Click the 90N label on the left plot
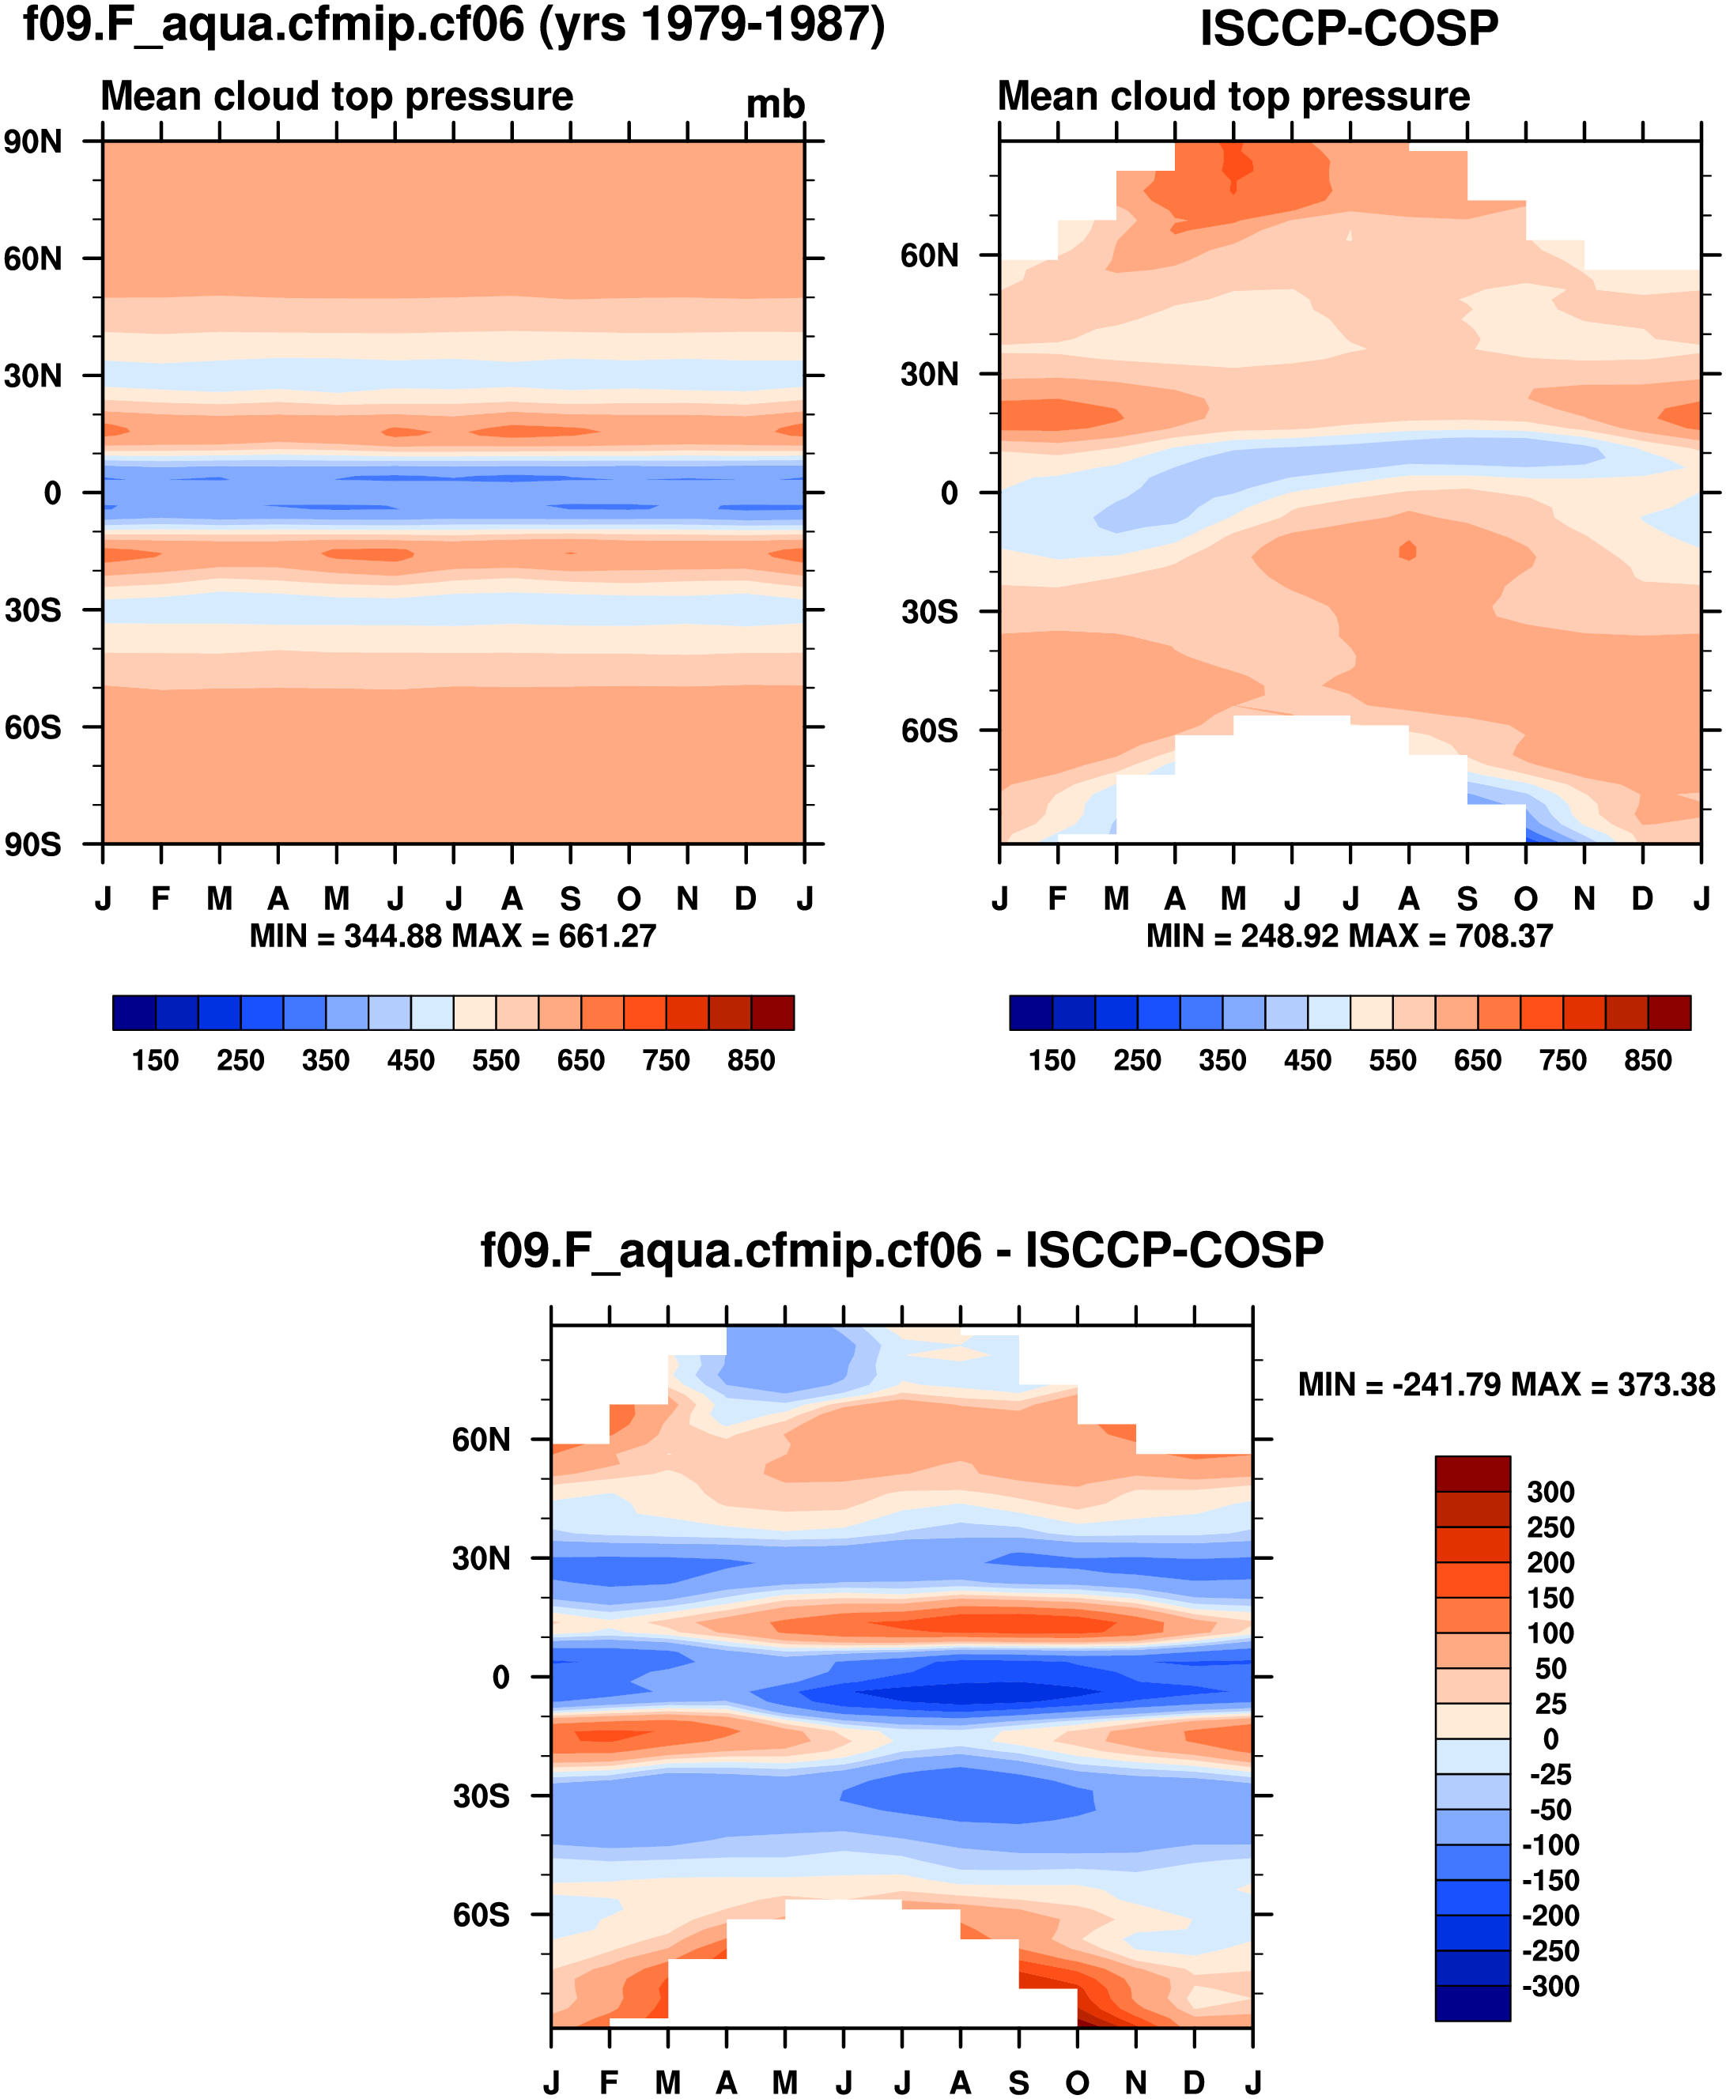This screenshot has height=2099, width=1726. point(32,142)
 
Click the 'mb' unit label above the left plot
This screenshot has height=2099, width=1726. point(775,104)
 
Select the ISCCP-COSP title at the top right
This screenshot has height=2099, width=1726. point(1348,28)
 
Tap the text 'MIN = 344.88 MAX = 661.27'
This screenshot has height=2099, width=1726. point(452,935)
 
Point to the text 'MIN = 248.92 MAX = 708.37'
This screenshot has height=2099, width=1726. point(1349,935)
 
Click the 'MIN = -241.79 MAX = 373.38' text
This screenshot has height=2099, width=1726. point(1506,1384)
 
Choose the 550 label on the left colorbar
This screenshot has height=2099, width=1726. point(495,1060)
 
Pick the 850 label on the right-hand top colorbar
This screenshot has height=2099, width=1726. point(1648,1060)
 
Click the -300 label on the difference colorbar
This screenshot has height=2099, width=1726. point(1551,1986)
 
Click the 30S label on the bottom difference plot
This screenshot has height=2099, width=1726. point(482,1795)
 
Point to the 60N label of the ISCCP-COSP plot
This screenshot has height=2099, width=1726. point(930,255)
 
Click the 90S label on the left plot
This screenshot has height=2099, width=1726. point(32,844)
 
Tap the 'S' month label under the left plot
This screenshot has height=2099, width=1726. point(570,899)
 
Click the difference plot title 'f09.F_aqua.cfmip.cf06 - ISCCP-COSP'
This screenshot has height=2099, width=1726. point(902,1250)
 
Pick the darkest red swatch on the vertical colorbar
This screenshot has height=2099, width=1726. point(1472,1474)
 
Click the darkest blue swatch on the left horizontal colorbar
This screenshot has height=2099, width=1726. point(134,1012)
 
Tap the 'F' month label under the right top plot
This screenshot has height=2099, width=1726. point(1057,899)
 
